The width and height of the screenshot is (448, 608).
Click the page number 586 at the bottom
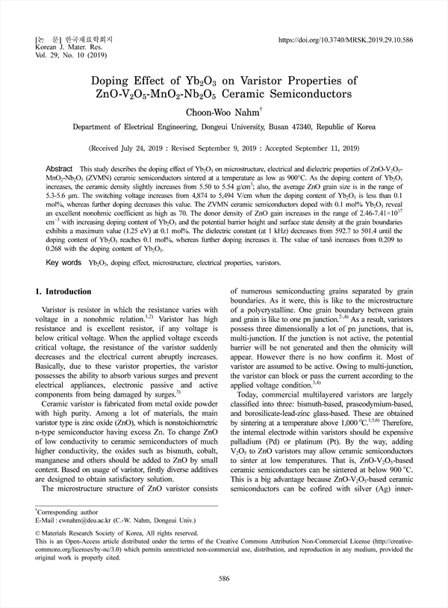pos(223,579)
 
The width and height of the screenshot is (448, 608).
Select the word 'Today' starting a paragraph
pos(249,394)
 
